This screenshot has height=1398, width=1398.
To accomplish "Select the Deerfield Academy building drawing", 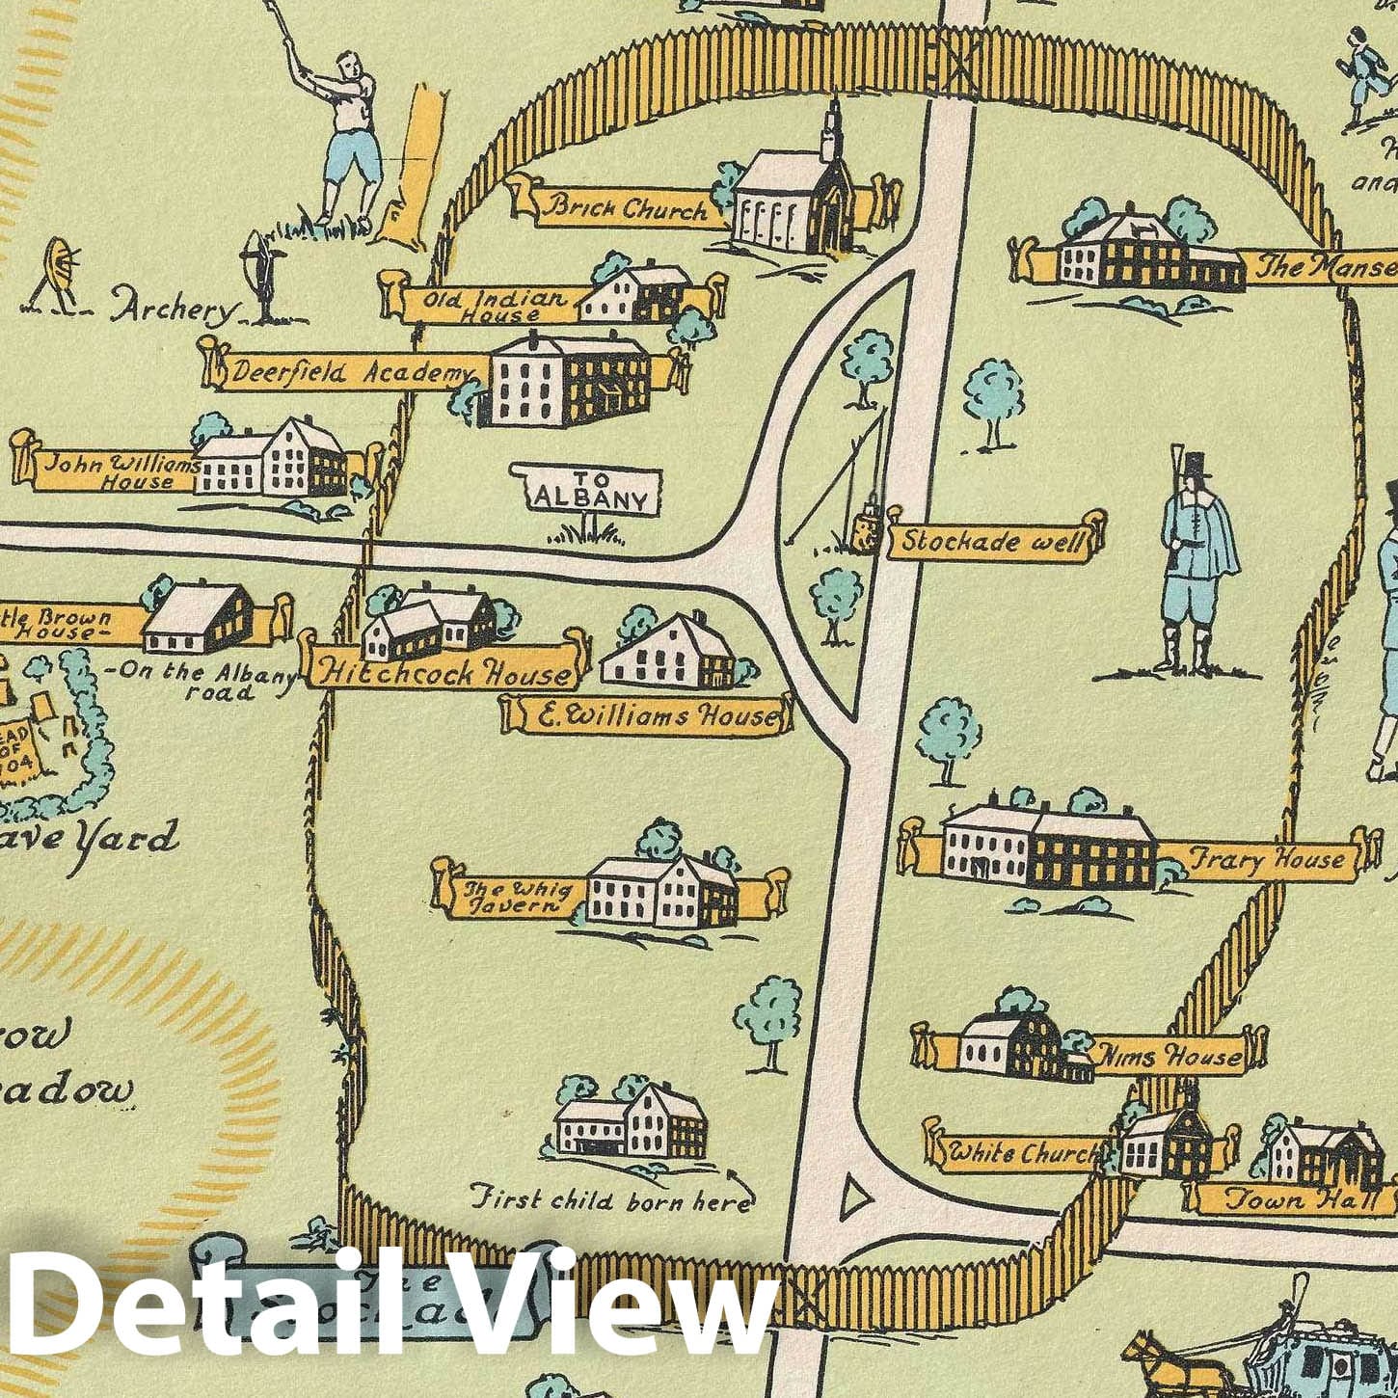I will [564, 378].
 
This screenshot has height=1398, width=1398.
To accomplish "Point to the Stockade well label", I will [993, 541].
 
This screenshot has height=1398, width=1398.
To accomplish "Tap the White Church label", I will [1021, 1152].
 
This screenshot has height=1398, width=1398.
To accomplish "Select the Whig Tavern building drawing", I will [661, 888].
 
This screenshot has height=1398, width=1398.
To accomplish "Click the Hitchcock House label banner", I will [444, 672].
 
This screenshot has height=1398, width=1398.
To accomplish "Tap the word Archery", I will [174, 309].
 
